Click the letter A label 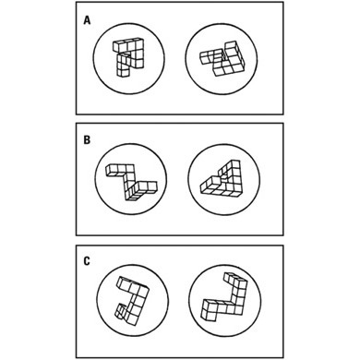pyautogui.click(x=87, y=20)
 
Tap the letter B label pyautogui.click(x=87, y=140)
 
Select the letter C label pyautogui.click(x=87, y=261)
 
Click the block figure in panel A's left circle pyautogui.click(x=128, y=57)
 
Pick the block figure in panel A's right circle pyautogui.click(x=222, y=59)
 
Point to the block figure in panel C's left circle pyautogui.click(x=132, y=301)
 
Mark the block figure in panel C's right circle pyautogui.click(x=224, y=297)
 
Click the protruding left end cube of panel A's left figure pyautogui.click(x=118, y=47)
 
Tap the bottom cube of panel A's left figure pyautogui.click(x=122, y=73)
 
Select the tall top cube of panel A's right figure pyautogui.click(x=231, y=49)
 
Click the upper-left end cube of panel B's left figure pyautogui.click(x=110, y=170)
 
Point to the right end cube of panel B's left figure pyautogui.click(x=152, y=186)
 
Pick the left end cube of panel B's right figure pyautogui.click(x=205, y=187)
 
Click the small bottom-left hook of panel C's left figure pyautogui.click(x=120, y=311)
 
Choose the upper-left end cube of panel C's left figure pyautogui.click(x=122, y=283)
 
